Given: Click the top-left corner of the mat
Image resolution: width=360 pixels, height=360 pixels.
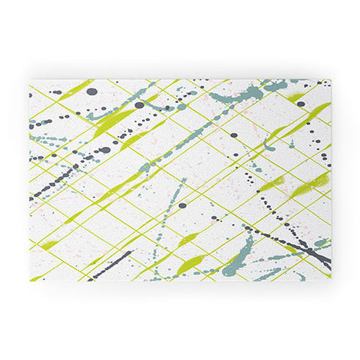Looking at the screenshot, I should [x=31, y=79].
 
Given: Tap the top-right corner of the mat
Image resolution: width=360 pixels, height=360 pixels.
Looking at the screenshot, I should [x=330, y=79].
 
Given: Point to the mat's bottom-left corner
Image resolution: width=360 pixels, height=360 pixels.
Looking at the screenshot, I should [x=31, y=280].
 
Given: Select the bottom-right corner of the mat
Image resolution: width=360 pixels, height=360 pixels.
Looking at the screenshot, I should [x=330, y=280].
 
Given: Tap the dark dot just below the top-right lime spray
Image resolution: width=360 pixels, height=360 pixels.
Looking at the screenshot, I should [x=301, y=104].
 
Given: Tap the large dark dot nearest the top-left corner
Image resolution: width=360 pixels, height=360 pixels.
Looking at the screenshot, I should [x=91, y=91].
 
